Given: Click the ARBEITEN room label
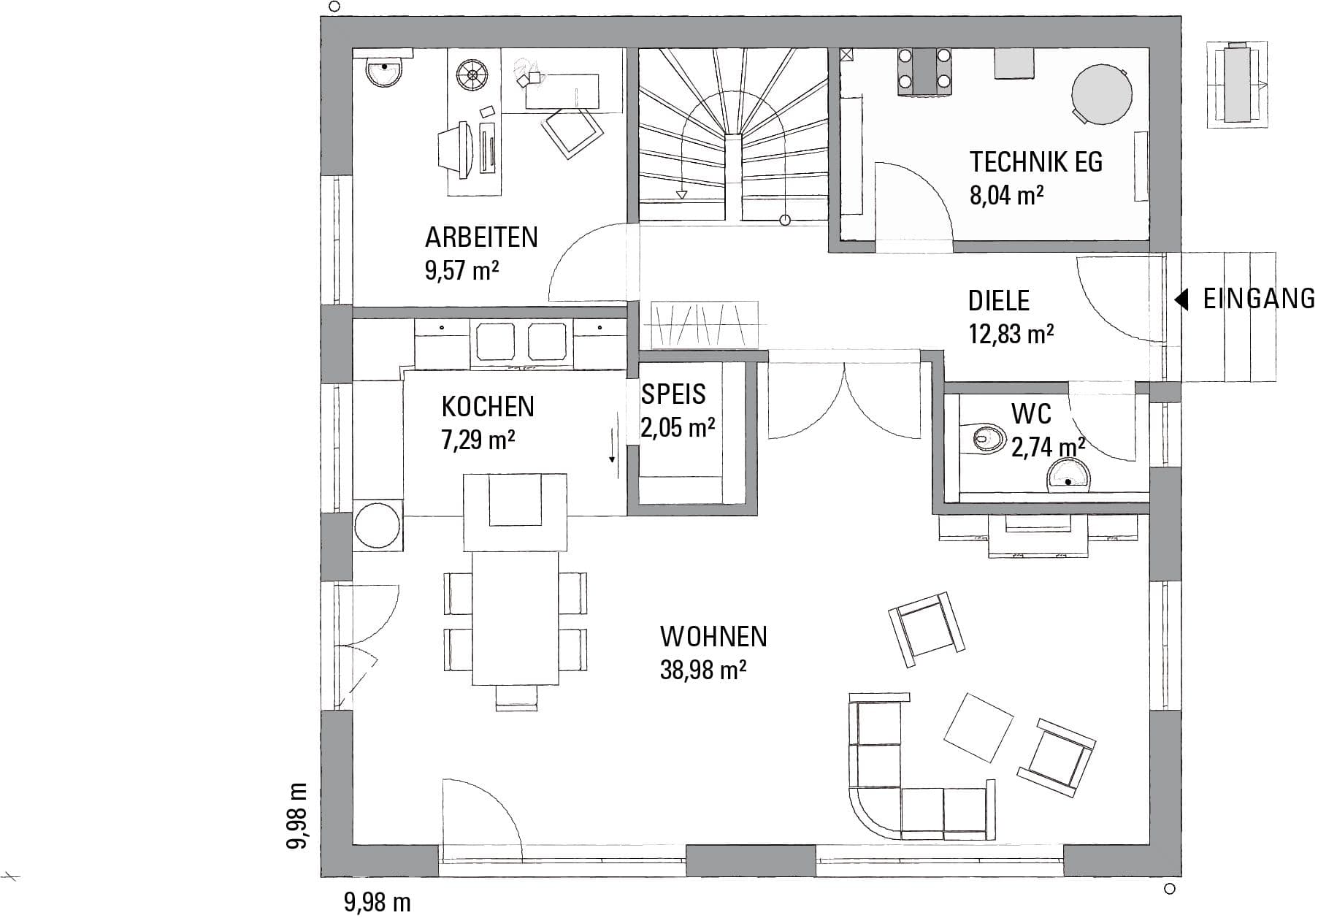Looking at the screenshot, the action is tap(481, 237).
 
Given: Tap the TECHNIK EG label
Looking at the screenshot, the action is tap(1035, 161).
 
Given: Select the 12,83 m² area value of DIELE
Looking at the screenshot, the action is tap(1011, 334).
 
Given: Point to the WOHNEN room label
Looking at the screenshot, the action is tap(713, 637).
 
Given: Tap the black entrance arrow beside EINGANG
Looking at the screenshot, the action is tap(1181, 299).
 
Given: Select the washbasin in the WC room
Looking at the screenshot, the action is tap(1068, 478).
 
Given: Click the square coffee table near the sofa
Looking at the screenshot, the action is tap(979, 727).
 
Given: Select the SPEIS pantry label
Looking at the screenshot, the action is tap(673, 394).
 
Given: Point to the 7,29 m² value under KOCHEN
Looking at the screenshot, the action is tap(478, 440).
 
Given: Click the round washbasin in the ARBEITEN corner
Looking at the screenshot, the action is tap(383, 72).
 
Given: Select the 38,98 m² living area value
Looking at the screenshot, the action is tap(702, 670).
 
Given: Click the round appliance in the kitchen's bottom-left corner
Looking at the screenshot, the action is tap(377, 525).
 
